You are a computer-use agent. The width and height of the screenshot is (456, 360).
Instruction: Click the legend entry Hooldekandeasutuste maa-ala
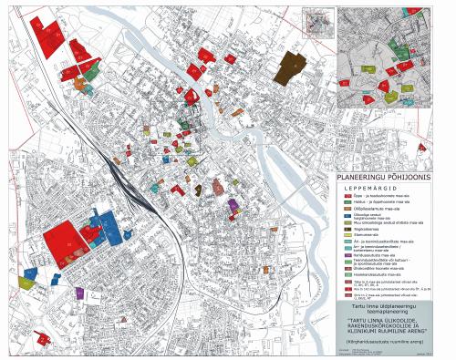coord(377,276)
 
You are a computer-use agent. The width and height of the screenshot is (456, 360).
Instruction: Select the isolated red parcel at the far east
coord(420,147)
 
